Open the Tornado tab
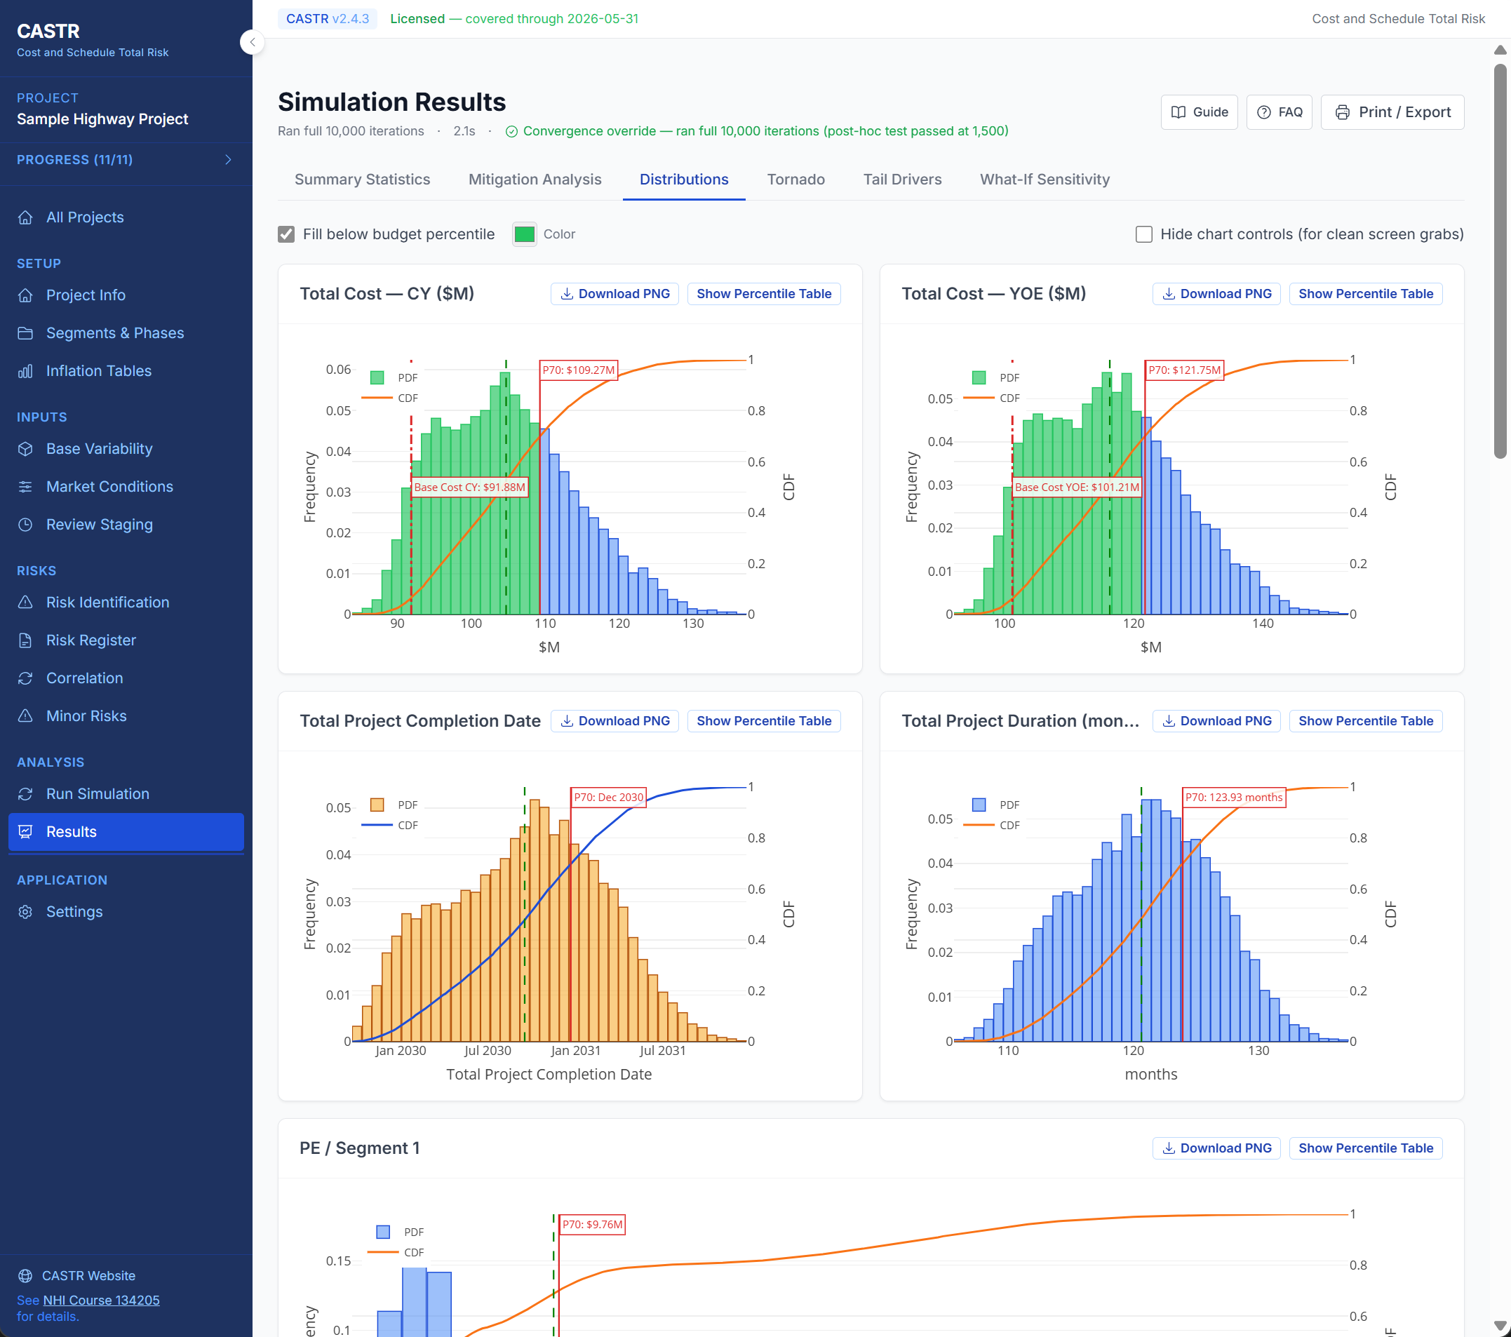click(x=795, y=180)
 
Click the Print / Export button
click(x=1392, y=112)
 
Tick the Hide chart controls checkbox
click(x=1143, y=234)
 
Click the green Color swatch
click(x=524, y=234)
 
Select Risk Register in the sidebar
click(x=91, y=640)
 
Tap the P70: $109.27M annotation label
click(x=579, y=370)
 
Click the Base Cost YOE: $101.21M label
click(x=1077, y=487)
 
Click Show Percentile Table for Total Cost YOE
click(x=1365, y=294)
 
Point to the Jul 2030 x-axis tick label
click(x=487, y=1050)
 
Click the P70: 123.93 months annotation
click(x=1233, y=797)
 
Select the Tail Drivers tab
click(x=902, y=180)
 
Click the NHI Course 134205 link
click(x=101, y=1300)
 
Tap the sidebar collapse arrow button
click(x=252, y=42)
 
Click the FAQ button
click(x=1279, y=112)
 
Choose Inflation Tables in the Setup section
click(x=98, y=371)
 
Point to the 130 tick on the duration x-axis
click(x=1258, y=1050)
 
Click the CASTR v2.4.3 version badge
click(x=328, y=18)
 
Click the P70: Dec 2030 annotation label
click(x=608, y=797)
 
